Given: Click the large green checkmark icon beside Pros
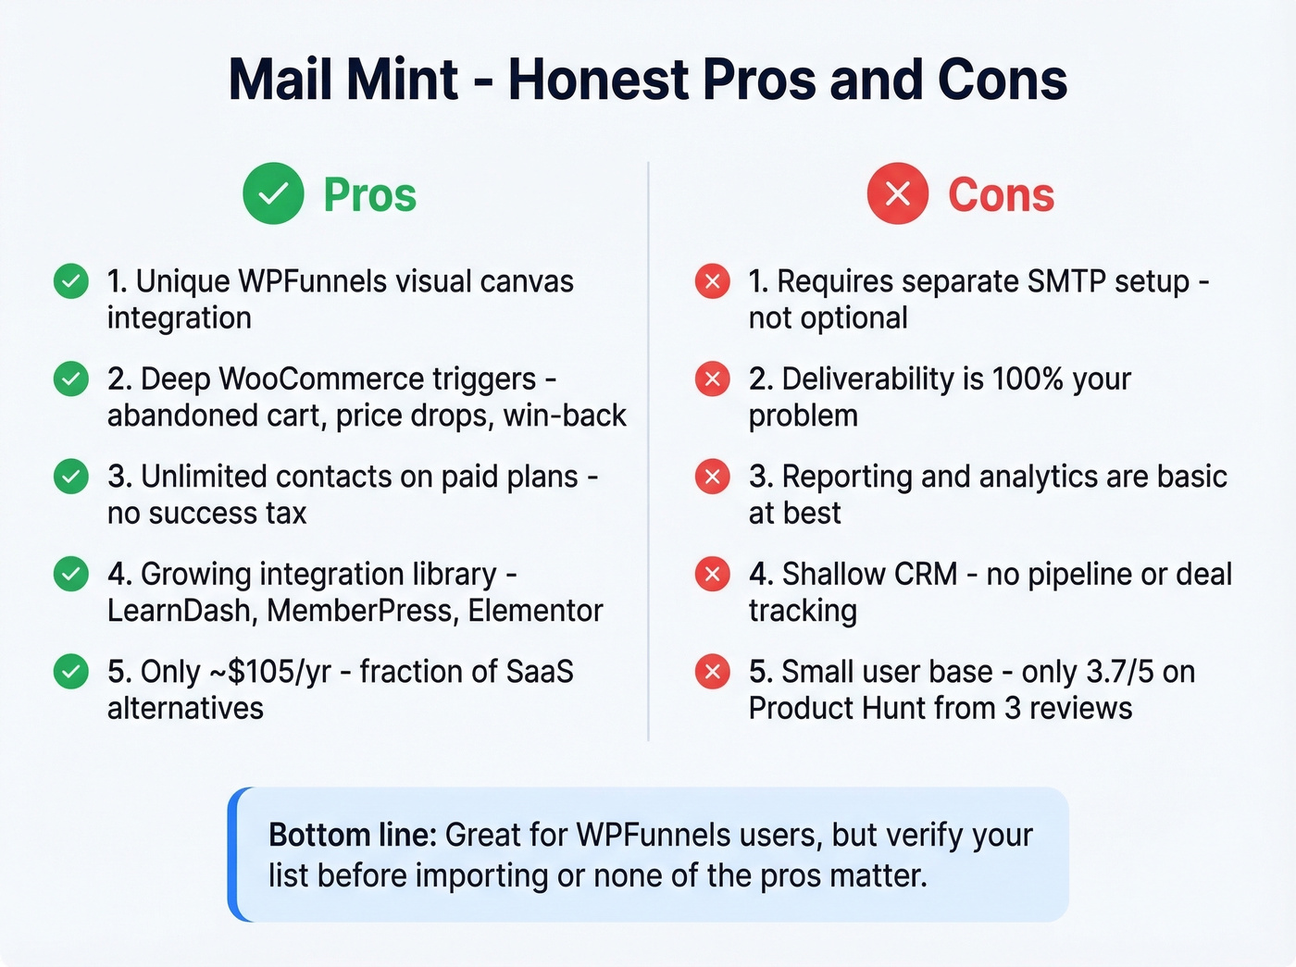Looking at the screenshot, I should (273, 194).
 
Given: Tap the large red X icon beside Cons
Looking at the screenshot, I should (897, 194).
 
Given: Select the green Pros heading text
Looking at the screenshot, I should (369, 195).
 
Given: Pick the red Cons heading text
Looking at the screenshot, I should (1001, 195).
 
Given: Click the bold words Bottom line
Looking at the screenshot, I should (352, 836).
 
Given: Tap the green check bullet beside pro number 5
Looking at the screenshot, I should (71, 672).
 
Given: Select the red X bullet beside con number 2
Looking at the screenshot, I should (712, 379).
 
